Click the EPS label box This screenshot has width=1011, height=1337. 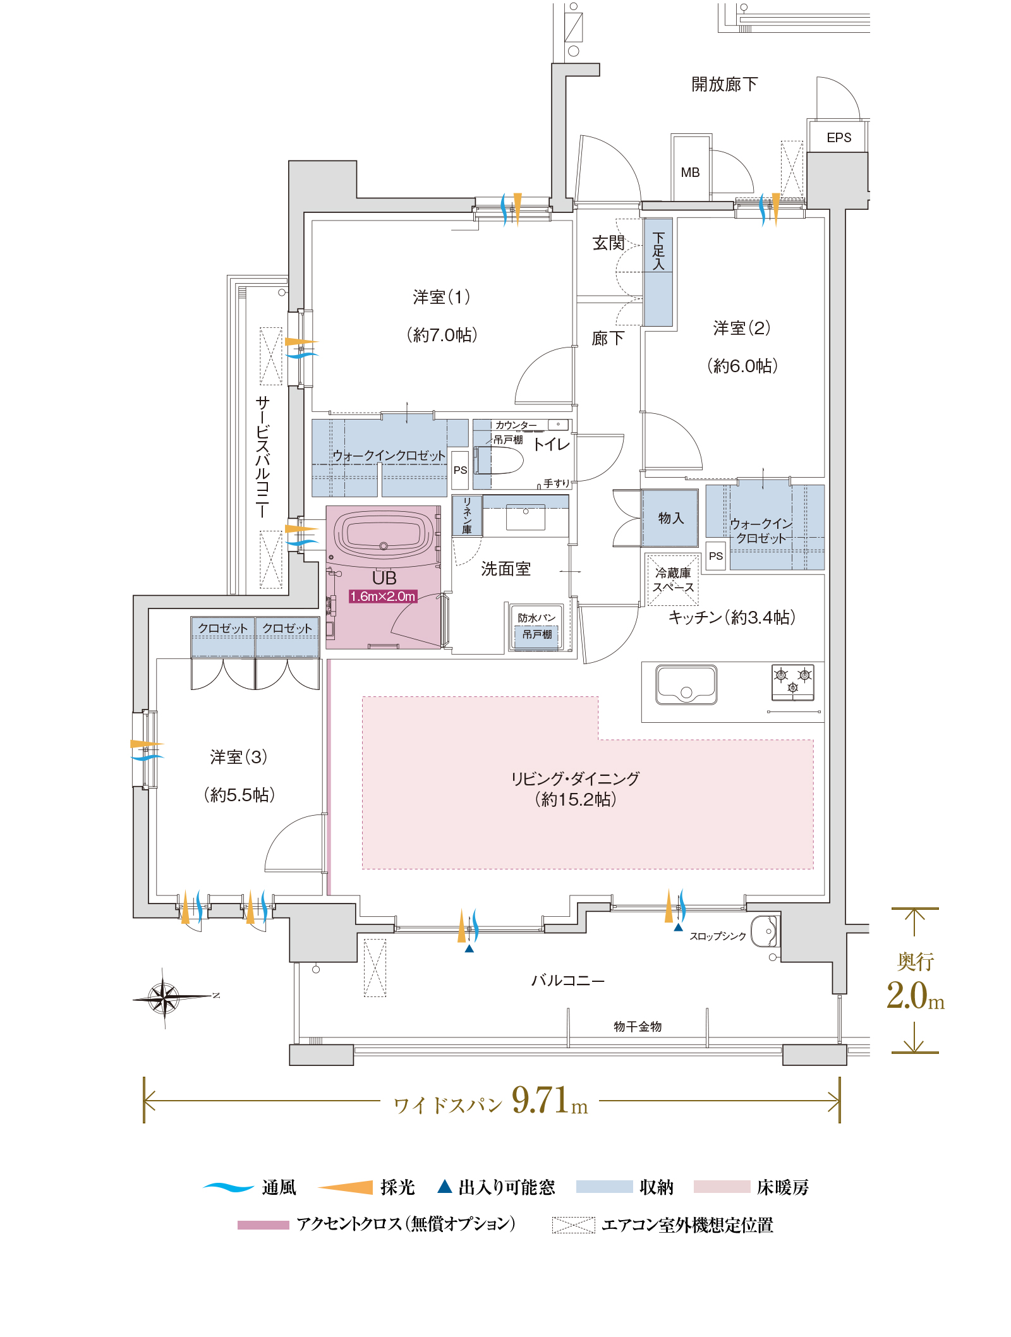838,137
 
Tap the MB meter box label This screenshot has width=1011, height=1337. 690,172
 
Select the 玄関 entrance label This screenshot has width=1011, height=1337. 608,243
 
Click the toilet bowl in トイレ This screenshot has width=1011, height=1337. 499,460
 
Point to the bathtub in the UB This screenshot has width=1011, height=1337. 384,533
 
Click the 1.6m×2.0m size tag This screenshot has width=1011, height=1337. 383,596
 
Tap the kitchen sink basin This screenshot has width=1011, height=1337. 686,684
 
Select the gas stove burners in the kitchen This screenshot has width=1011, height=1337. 793,682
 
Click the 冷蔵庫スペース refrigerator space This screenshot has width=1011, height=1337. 673,580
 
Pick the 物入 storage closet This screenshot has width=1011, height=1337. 670,518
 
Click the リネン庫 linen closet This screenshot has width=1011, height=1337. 467,516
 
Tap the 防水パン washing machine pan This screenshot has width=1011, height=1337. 537,627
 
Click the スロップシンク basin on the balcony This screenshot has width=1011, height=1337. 764,930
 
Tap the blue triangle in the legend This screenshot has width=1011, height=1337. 445,1186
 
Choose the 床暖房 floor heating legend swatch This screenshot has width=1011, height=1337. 722,1187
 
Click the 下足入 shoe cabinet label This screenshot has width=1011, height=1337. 658,251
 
